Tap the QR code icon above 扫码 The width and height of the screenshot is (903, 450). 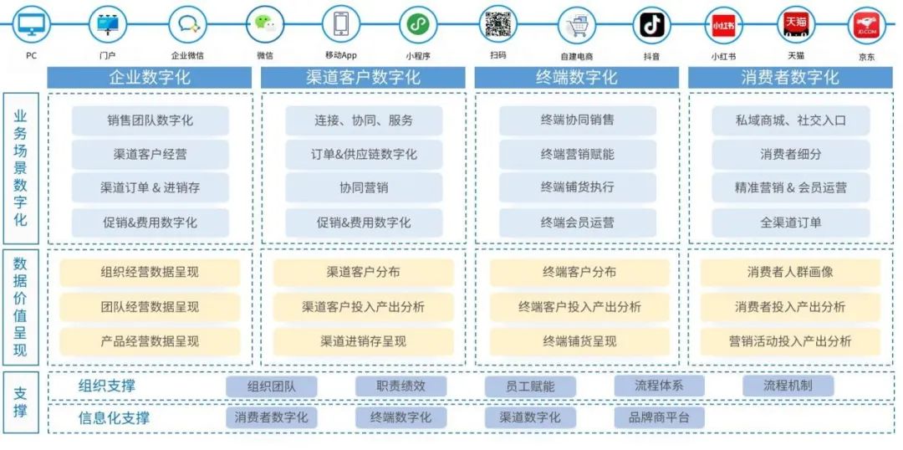tap(497, 24)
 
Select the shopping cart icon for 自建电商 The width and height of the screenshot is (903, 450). tap(576, 26)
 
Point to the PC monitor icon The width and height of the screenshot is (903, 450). tap(31, 25)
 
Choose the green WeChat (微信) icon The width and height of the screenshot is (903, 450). tap(264, 24)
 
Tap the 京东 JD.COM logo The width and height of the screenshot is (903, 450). tap(866, 26)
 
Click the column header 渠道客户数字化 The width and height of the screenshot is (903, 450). tap(363, 78)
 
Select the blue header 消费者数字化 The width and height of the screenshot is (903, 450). tap(790, 78)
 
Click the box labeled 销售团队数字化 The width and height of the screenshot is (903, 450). tap(150, 120)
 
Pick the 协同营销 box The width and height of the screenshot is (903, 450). tap(364, 188)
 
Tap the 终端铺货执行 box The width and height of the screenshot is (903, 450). tap(578, 188)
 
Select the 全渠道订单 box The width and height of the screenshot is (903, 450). tap(791, 222)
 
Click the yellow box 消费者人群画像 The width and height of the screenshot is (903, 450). tap(790, 273)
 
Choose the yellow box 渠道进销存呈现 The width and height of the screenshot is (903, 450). tap(364, 341)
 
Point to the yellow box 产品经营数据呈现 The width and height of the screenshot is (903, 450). tap(150, 341)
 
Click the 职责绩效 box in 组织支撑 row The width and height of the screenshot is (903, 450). tap(400, 386)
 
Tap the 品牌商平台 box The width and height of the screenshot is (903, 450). tap(659, 417)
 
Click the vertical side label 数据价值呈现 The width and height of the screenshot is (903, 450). tap(21, 306)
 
